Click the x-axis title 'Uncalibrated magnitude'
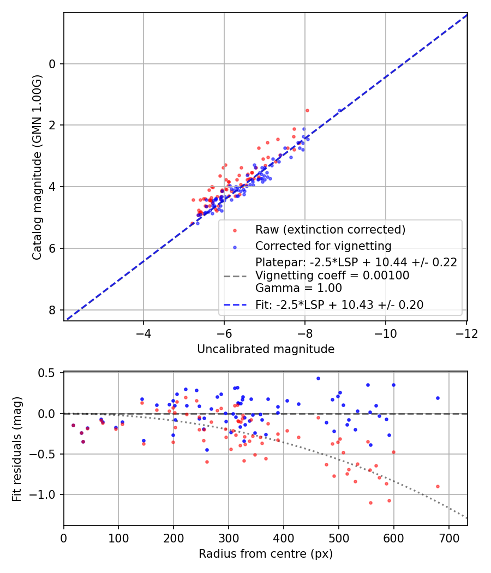(x=265, y=349)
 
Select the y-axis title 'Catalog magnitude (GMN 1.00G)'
(x=37, y=166)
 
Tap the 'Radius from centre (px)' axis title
(x=265, y=554)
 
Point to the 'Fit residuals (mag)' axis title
(x=17, y=449)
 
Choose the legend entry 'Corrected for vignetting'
(x=323, y=246)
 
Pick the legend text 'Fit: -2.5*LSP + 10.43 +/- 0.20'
(x=339, y=305)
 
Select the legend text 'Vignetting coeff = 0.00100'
(x=332, y=276)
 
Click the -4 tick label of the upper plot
(x=143, y=333)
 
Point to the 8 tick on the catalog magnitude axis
(x=53, y=310)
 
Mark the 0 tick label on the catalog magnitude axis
(x=53, y=64)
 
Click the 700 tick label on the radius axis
(x=448, y=538)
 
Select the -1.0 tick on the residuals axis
(x=49, y=494)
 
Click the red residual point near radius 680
(x=438, y=486)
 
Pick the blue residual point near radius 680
(x=438, y=398)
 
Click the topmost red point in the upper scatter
(x=307, y=110)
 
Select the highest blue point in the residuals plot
(x=318, y=378)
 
